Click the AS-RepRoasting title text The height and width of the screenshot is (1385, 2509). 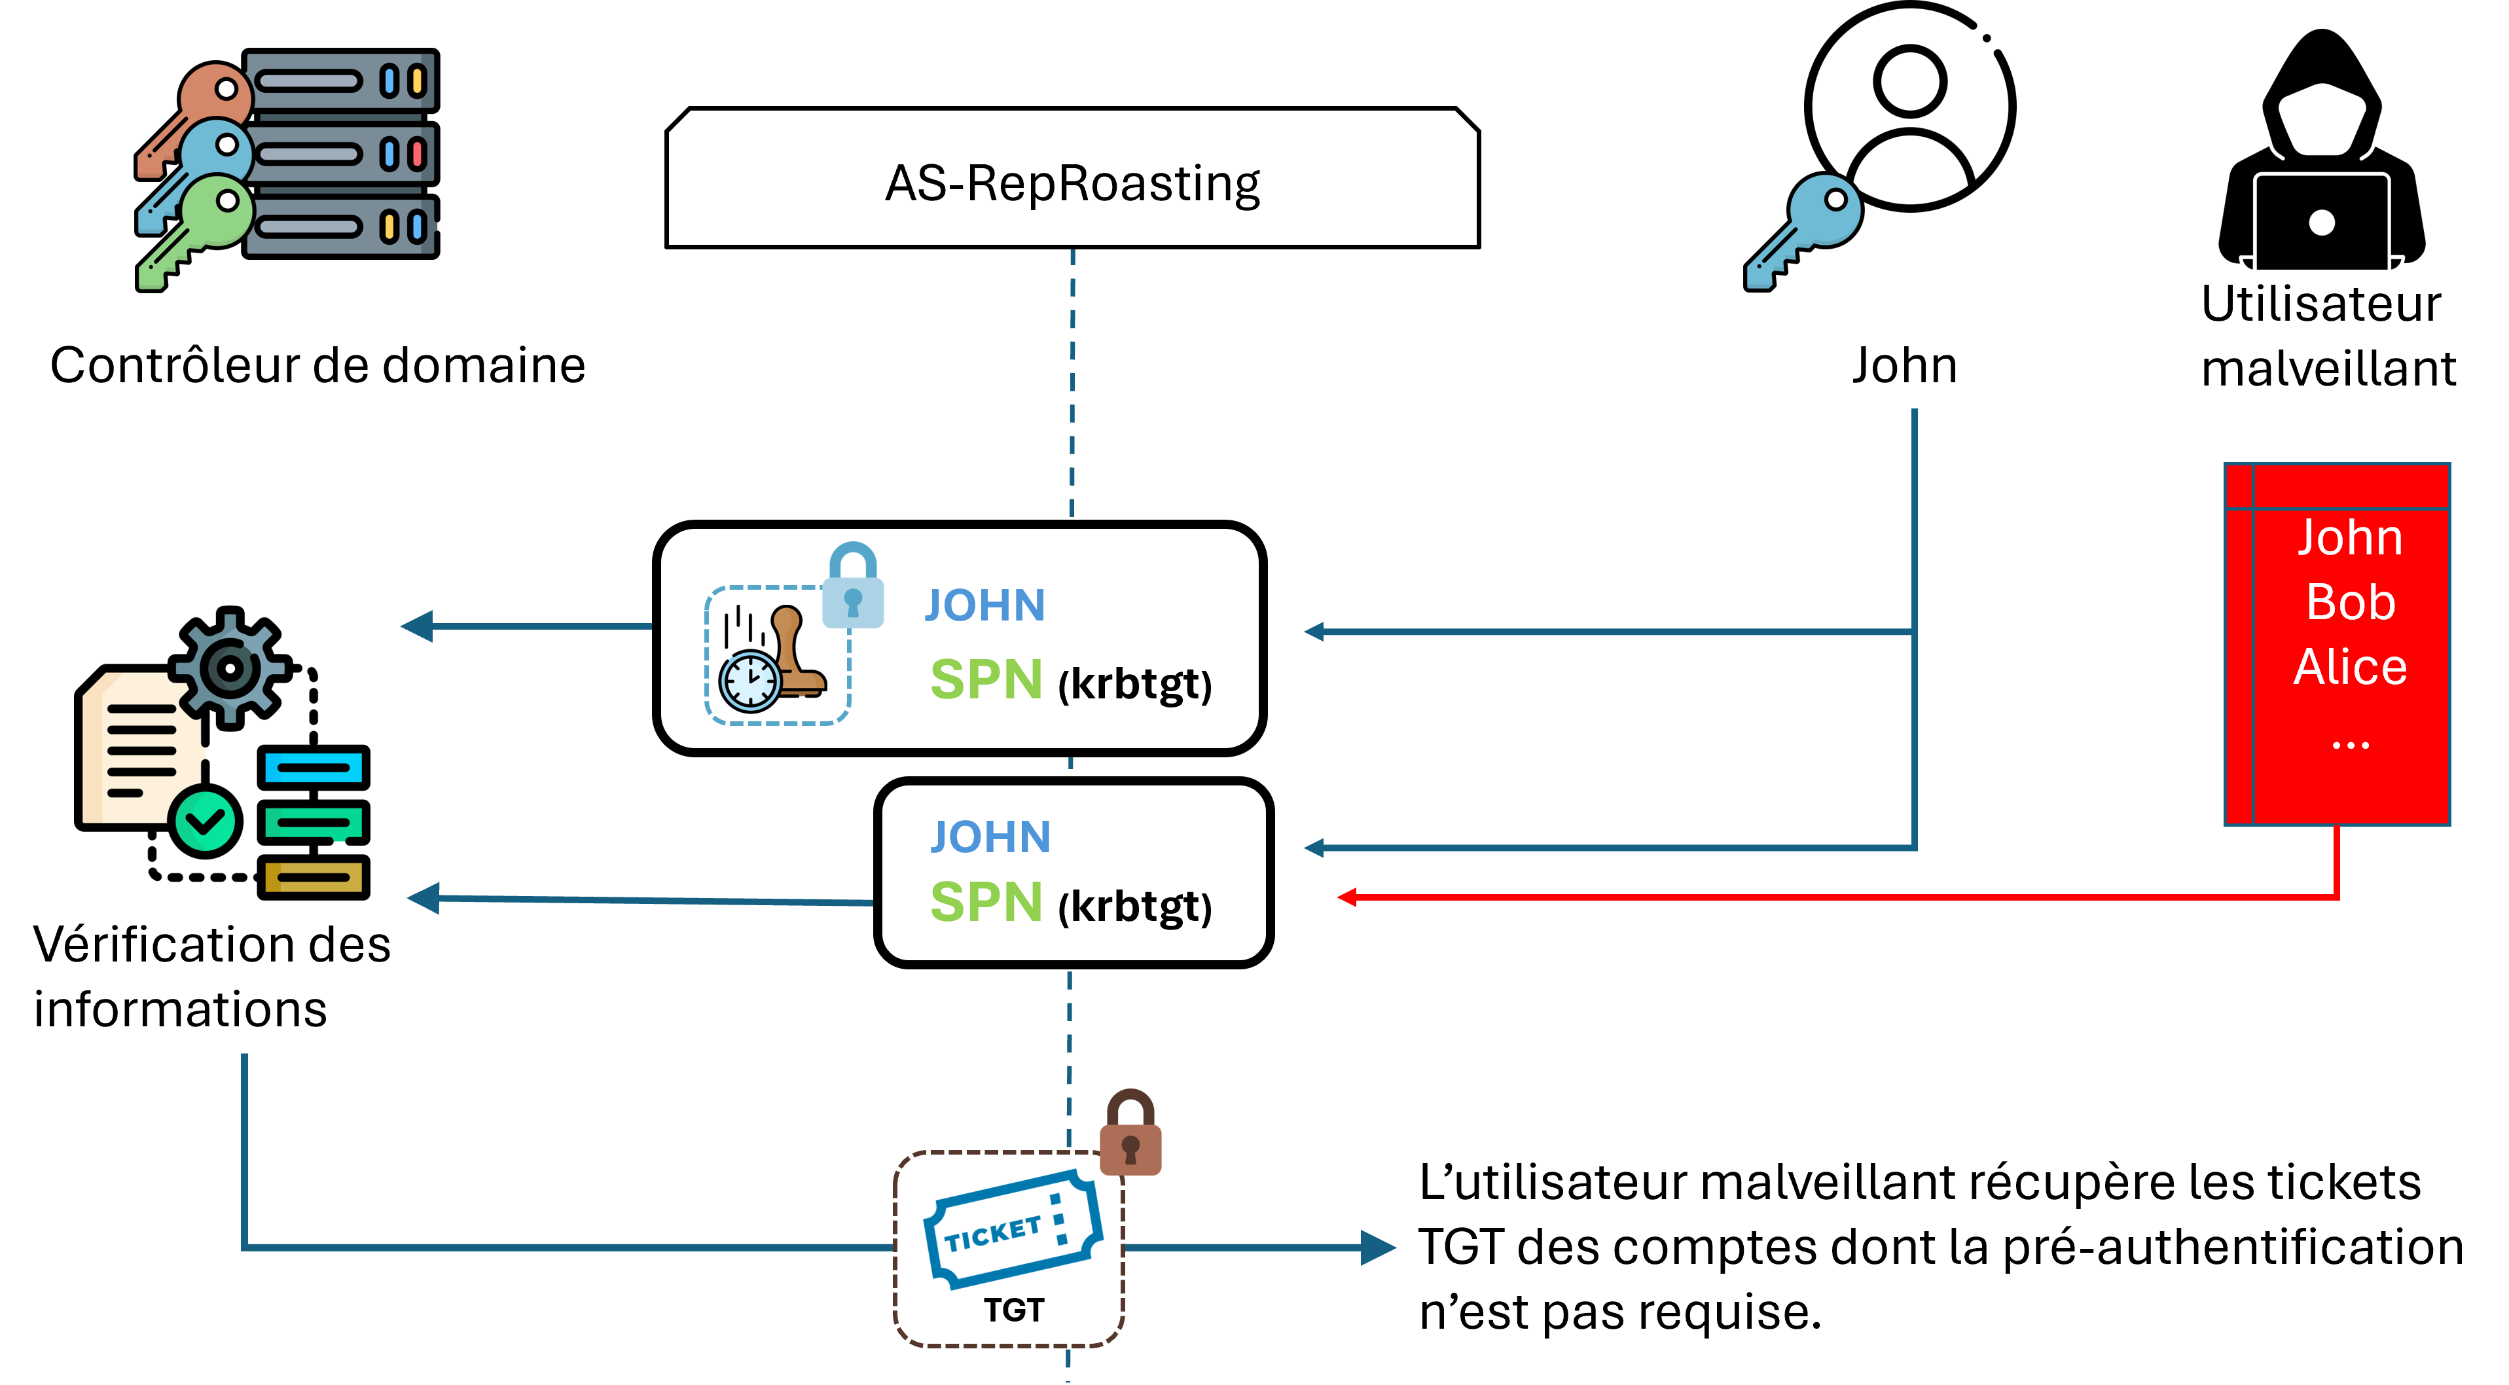[x=1072, y=183]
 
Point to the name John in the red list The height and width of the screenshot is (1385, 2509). [x=2349, y=537]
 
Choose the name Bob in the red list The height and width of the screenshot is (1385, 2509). [x=2349, y=602]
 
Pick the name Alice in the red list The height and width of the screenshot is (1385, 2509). [x=2349, y=667]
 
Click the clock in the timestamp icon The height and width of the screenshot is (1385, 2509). [x=749, y=680]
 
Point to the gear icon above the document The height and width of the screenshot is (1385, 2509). [x=230, y=668]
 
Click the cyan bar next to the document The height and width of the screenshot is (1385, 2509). [x=314, y=768]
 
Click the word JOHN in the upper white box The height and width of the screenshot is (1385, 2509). [x=984, y=606]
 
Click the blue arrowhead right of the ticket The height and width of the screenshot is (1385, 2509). [x=1377, y=1248]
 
